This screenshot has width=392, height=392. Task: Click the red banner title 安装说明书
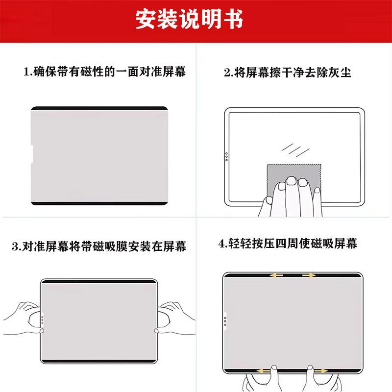189,19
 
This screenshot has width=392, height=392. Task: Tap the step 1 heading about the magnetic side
105,72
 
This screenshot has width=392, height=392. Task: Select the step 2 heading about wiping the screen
288,73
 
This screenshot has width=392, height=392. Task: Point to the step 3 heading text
99,246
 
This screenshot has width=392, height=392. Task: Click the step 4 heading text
288,244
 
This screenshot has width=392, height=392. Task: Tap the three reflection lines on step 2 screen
295,150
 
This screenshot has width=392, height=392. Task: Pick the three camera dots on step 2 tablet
226,157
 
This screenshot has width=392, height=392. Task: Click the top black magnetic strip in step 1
99,108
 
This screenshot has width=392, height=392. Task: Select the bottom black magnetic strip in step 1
99,203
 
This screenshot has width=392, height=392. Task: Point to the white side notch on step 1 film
31,154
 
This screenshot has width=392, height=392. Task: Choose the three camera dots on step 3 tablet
43,320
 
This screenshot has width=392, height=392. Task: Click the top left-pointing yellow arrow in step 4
276,275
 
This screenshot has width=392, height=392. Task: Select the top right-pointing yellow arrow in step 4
309,275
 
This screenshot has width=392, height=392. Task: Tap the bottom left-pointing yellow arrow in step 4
264,370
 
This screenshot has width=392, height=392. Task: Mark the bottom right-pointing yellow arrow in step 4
321,370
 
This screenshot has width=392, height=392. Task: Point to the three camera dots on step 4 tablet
225,321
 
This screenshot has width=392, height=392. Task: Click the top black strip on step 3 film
99,282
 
